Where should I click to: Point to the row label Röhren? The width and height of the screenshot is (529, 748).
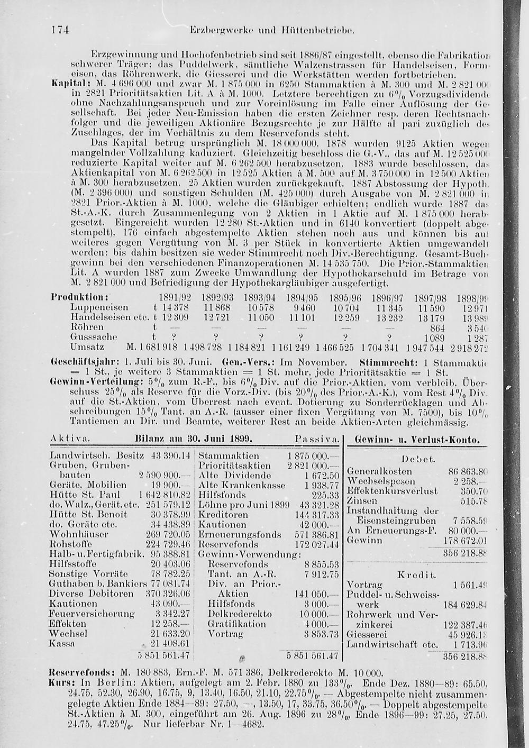(87, 327)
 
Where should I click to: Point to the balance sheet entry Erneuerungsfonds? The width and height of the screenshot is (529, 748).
(231, 534)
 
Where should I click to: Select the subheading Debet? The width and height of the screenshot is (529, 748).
(418, 459)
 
